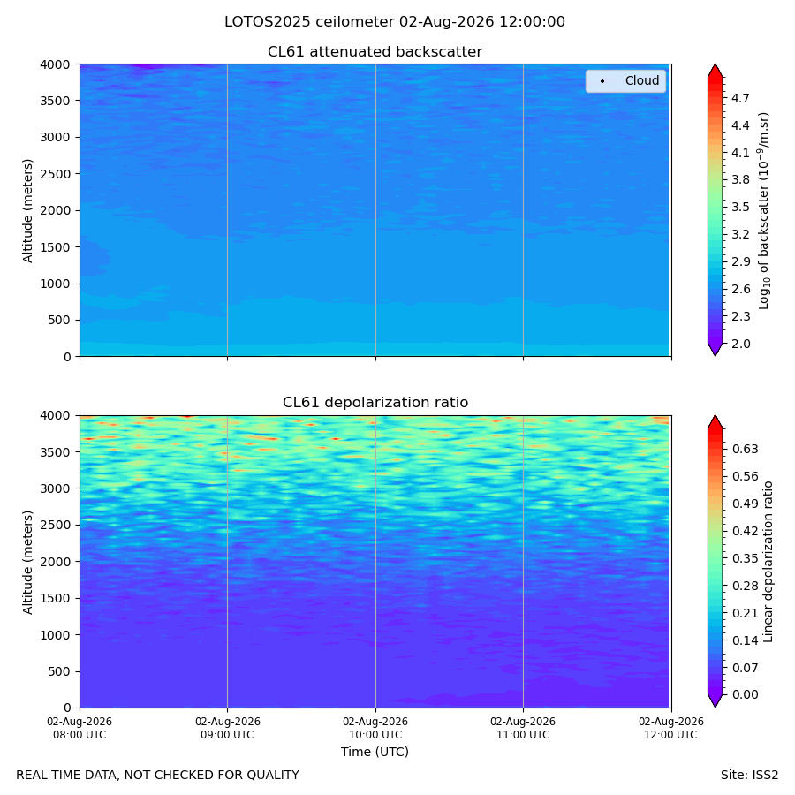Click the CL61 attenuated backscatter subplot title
point(375,52)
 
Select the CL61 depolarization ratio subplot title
point(375,403)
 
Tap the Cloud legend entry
point(625,80)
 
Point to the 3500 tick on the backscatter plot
point(55,101)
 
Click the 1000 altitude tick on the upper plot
point(55,284)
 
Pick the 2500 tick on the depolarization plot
point(55,526)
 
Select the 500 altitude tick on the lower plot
point(59,672)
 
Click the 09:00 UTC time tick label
point(227,728)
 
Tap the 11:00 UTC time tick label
point(523,728)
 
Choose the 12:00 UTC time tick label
point(670,728)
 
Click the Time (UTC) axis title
point(375,752)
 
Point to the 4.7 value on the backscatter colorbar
point(740,98)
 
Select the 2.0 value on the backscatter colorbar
point(740,344)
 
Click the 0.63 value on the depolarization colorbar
point(746,450)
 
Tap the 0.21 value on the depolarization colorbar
point(746,614)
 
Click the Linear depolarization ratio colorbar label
point(768,562)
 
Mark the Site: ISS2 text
point(749,776)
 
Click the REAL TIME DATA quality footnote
point(158,776)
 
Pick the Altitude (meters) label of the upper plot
point(27,211)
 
